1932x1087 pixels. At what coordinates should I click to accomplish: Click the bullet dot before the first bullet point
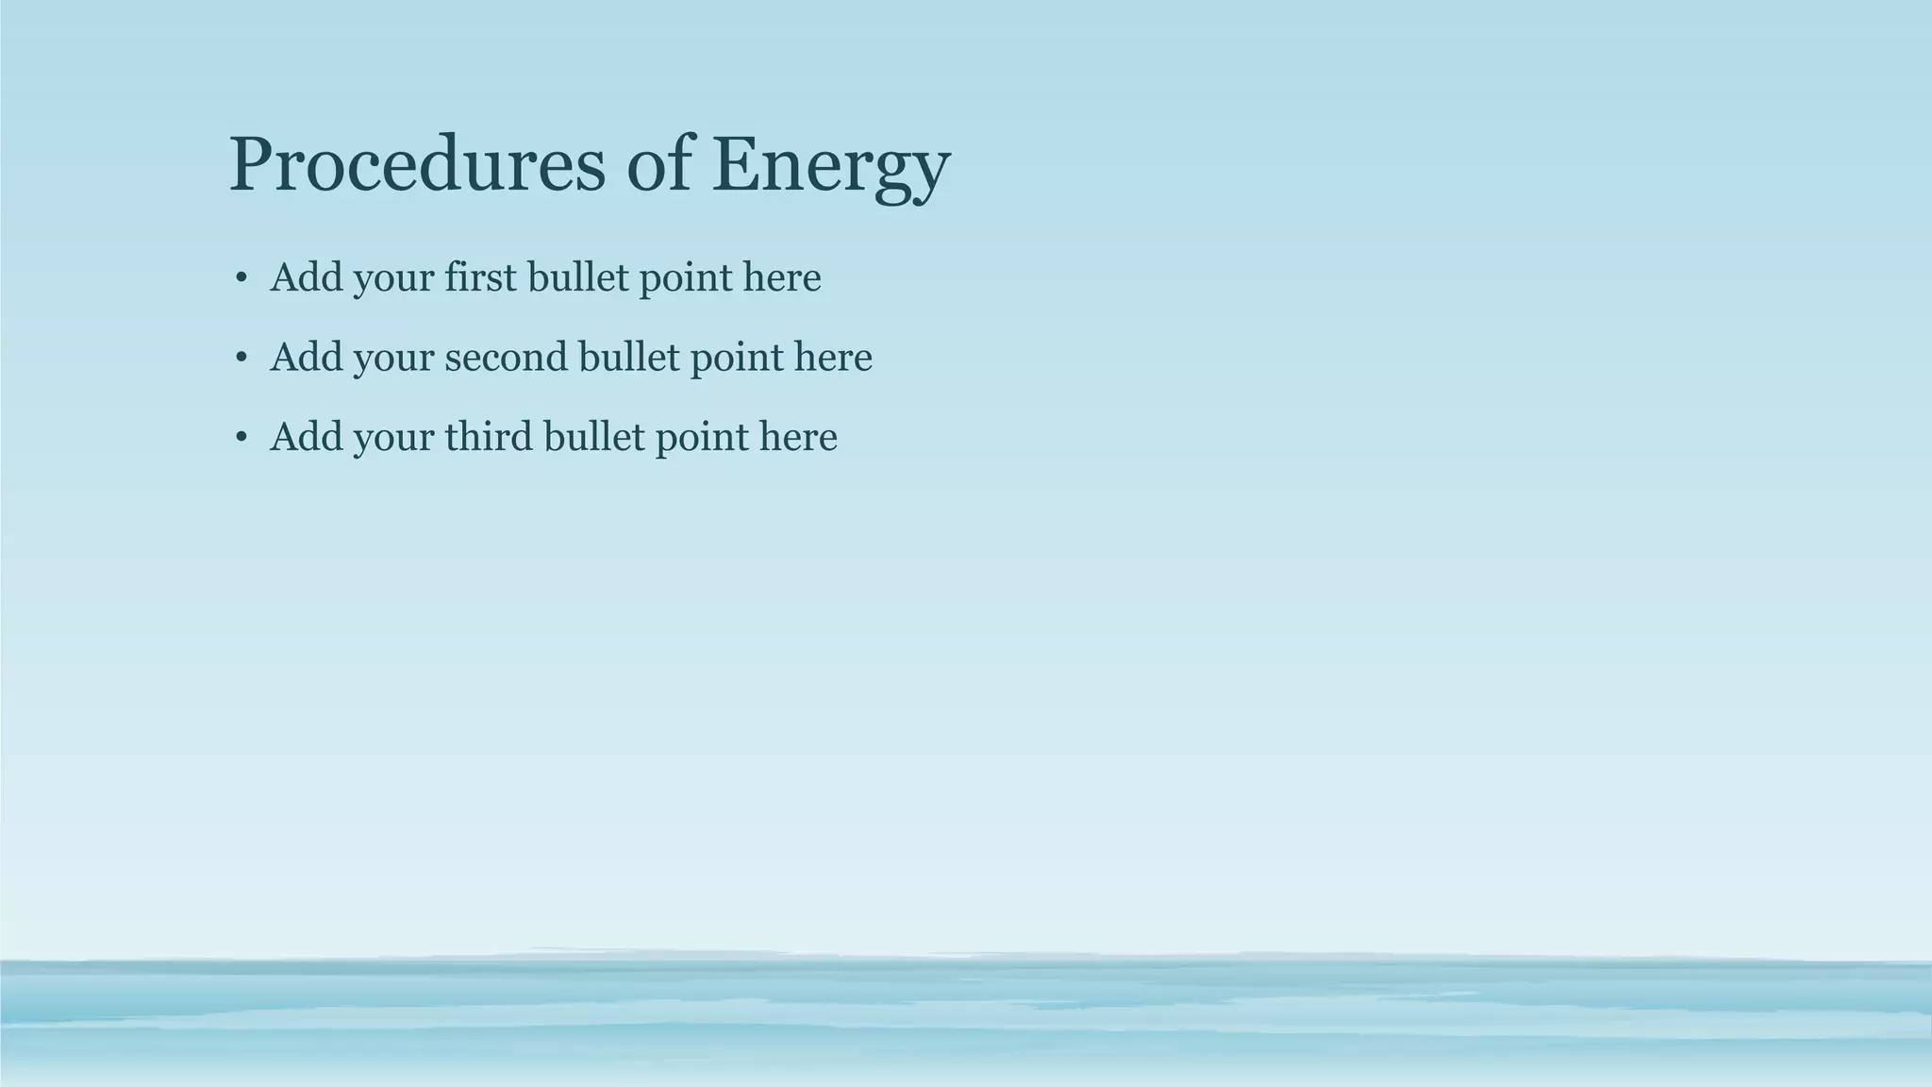coord(241,278)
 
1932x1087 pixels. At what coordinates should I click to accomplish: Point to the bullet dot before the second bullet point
coord(241,358)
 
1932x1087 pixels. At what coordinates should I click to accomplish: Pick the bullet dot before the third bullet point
coord(241,438)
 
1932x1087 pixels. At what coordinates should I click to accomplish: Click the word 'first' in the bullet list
coord(480,277)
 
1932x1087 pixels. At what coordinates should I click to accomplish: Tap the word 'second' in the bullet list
coord(506,357)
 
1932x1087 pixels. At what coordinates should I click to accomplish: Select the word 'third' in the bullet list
coord(489,437)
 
